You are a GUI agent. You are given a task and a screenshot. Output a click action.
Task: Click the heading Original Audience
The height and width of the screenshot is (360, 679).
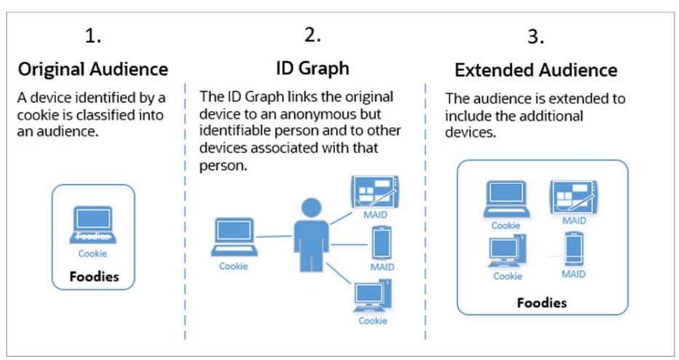93,71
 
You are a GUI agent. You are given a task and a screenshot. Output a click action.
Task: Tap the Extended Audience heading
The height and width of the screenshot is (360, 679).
535,71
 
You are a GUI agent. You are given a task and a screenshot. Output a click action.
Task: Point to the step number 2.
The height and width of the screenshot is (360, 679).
313,34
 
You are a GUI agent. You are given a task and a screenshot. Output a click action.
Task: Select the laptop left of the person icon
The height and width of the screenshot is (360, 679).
234,240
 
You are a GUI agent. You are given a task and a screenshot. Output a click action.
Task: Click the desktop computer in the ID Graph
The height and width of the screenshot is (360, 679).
372,296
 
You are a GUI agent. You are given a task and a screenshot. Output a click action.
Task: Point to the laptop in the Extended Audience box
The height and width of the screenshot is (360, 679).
506,200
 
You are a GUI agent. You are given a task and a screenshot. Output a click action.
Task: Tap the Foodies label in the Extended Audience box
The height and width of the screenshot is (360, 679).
542,302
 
